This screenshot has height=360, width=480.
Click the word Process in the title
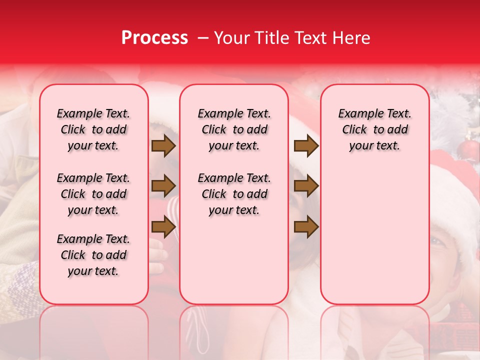pos(154,38)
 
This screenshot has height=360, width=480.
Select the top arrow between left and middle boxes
pos(163,146)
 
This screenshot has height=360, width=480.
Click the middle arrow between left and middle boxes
pos(163,186)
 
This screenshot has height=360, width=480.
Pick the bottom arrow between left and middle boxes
pos(163,226)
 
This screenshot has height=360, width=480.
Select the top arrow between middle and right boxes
pos(306,146)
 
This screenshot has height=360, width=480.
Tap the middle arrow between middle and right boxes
pos(306,186)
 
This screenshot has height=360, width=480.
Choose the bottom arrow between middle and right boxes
pos(306,226)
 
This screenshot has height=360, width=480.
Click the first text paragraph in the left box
pos(93,129)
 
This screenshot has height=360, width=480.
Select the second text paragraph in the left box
pos(93,194)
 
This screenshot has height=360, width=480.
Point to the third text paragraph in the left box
pos(93,255)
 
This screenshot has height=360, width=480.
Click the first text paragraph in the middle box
pos(234,129)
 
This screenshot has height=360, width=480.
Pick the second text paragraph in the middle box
pos(234,194)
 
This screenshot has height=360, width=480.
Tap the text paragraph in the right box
pos(374,129)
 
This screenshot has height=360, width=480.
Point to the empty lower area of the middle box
pos(234,260)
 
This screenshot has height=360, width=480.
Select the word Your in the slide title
pos(232,38)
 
